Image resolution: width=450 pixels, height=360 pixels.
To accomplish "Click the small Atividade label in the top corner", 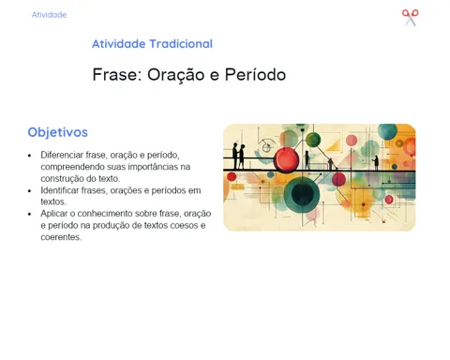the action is (x=49, y=15).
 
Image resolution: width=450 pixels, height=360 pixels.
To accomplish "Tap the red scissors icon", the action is (x=411, y=18).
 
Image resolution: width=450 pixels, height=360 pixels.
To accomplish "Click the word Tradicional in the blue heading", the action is (x=181, y=44).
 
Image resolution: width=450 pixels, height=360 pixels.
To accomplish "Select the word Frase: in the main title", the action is (x=117, y=75).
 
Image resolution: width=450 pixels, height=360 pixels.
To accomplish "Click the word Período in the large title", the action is (x=255, y=75).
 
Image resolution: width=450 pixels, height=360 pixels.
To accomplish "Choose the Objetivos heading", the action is (x=58, y=132).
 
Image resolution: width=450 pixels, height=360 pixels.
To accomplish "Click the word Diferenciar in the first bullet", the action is (x=62, y=155).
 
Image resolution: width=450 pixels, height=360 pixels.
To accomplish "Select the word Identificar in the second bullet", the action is (x=60, y=190).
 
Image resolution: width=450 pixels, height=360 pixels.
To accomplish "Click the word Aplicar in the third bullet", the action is (x=53, y=214).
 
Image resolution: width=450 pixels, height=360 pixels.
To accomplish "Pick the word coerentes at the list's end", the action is (x=61, y=237).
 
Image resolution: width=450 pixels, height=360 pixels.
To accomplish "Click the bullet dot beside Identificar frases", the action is (x=30, y=190).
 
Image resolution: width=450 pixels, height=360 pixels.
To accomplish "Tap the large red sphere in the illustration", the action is (x=286, y=160).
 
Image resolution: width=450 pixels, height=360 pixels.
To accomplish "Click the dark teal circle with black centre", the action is (x=302, y=194).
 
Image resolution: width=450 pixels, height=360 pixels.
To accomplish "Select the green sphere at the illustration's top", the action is (x=313, y=140).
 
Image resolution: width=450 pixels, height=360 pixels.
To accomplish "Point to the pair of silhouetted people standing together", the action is (x=238, y=156).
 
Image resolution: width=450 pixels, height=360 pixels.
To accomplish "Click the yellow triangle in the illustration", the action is (x=334, y=145).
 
